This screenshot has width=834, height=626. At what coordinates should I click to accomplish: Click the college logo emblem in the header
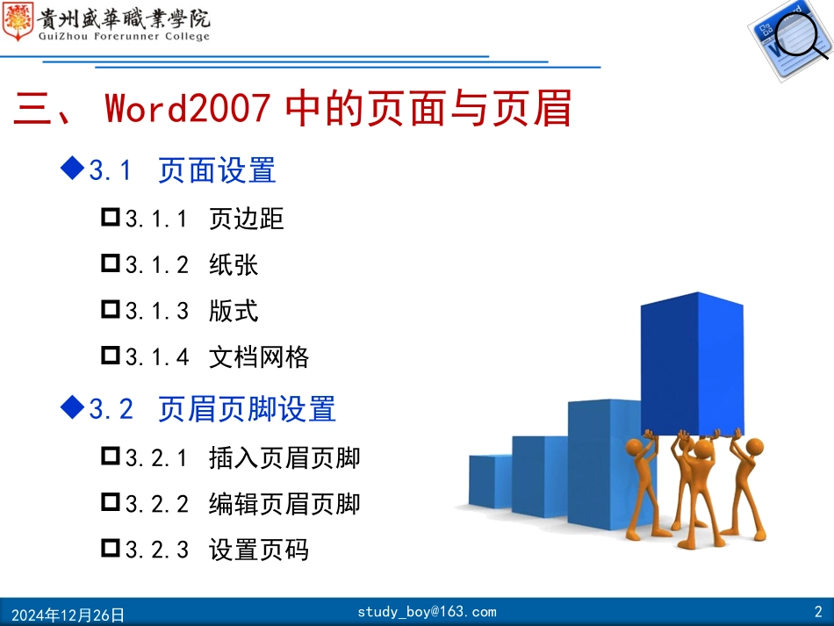click(18, 22)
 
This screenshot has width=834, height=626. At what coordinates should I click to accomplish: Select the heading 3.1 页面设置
click(183, 170)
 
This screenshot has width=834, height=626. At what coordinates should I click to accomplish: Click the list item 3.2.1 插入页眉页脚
click(242, 457)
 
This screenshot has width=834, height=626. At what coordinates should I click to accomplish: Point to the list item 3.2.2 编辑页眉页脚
click(242, 504)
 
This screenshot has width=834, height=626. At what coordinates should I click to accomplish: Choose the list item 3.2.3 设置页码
click(217, 550)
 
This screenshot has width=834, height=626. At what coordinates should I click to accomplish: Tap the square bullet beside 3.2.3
click(111, 549)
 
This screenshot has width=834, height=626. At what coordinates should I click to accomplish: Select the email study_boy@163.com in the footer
click(427, 612)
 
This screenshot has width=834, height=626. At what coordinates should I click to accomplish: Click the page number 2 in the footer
click(818, 612)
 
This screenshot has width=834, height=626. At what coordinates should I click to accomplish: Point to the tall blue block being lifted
click(691, 364)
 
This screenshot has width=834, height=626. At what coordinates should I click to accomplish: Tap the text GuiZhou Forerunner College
click(124, 37)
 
